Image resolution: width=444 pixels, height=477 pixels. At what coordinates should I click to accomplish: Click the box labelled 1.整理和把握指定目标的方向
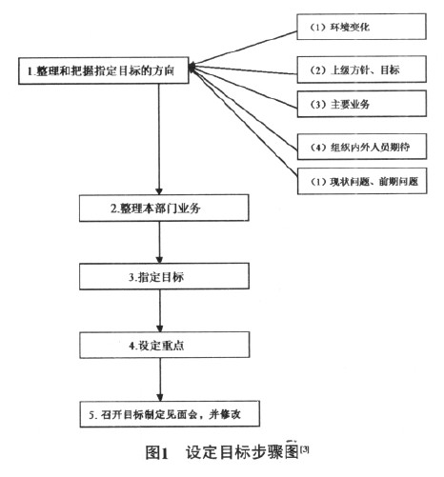(x=105, y=70)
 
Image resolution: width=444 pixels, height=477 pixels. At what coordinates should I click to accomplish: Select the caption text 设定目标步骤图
(x=234, y=455)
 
